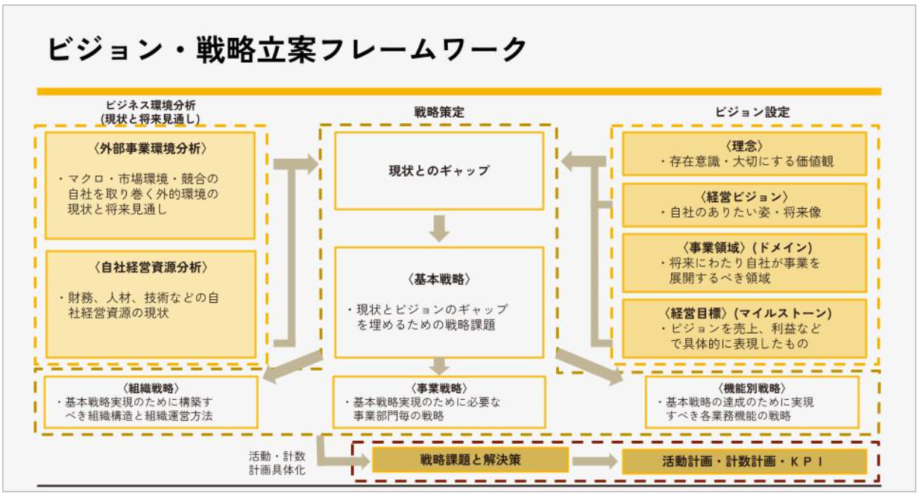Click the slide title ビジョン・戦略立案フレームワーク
pos(287,50)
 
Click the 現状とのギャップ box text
pos(439,171)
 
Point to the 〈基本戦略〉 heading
pos(439,279)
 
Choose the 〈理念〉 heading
pos(743,145)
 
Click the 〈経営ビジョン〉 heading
pos(743,197)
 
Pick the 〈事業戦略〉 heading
pos(439,388)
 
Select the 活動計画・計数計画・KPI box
pos(743,461)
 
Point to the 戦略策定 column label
pos(439,113)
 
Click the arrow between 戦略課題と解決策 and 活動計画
pos(595,461)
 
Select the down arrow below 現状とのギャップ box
pos(440,228)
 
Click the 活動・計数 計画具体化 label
pos(277,462)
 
